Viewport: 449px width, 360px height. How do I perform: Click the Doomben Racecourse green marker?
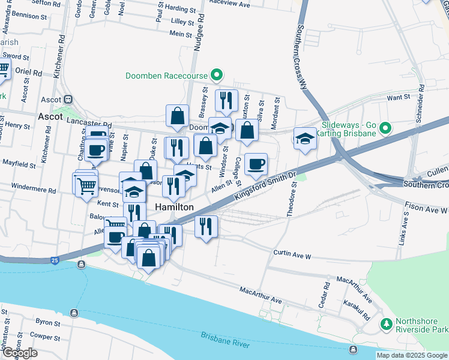coord(217,76)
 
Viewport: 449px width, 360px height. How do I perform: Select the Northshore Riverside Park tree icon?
coord(385,324)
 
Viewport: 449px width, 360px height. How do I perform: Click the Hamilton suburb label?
coord(174,207)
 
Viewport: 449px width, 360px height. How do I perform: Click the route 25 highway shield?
coord(55,260)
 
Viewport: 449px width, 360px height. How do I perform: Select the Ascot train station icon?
coord(69,100)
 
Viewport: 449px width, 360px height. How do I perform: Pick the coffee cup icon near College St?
coord(256,164)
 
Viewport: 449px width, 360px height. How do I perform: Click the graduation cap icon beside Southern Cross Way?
coord(305,138)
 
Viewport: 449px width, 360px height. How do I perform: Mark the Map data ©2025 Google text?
coord(412,355)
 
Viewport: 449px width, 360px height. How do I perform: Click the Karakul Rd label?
coord(361,311)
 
